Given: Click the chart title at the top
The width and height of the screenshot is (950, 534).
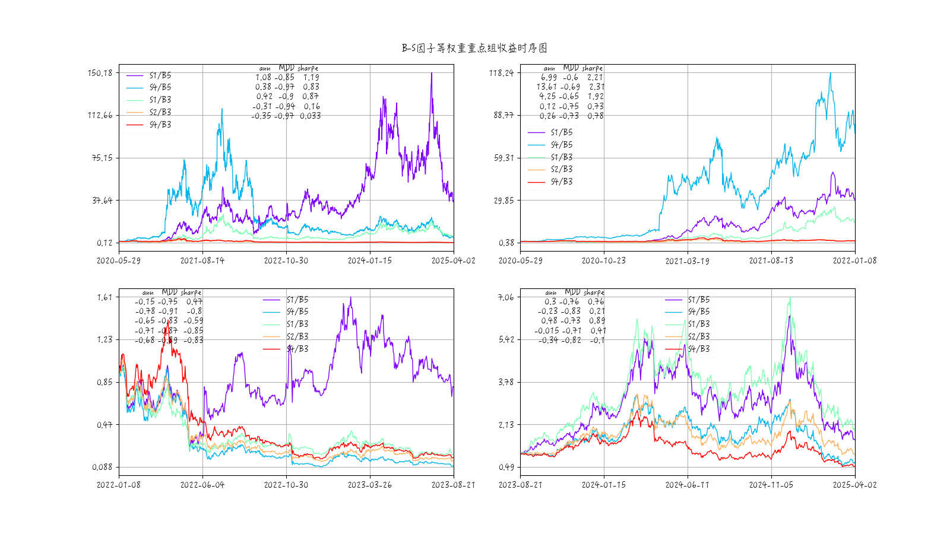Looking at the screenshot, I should (474, 48).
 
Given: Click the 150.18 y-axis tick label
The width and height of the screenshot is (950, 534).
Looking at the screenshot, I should (100, 73).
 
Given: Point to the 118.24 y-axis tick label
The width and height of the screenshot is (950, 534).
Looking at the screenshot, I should (501, 73).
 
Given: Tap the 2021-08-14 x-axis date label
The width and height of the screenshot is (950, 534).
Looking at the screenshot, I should (202, 260).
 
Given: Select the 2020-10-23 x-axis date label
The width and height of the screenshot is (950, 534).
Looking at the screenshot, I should (604, 260).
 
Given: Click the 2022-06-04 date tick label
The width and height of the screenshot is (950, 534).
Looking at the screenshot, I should (202, 485).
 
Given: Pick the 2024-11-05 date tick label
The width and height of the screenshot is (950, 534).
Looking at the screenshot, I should (771, 485).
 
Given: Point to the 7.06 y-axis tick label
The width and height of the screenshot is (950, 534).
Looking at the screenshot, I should (506, 297).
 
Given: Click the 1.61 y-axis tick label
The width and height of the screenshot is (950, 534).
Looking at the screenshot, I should (104, 297).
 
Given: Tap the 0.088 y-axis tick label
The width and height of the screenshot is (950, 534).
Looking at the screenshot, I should (102, 467).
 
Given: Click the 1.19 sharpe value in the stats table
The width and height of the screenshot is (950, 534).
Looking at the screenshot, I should (311, 77).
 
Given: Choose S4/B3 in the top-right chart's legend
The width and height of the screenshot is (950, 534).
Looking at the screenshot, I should (562, 182).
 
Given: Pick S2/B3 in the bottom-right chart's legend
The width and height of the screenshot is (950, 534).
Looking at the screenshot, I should (699, 336).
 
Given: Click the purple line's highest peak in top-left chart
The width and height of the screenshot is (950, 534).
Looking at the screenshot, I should (432, 73).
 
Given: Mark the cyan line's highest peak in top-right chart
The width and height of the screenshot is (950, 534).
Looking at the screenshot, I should (830, 73).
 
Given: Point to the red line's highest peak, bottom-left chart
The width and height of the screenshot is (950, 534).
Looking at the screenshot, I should (167, 321).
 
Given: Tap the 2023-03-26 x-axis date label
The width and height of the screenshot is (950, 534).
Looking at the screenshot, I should (370, 485).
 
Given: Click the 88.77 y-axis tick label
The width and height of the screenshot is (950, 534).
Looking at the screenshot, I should (503, 115).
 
